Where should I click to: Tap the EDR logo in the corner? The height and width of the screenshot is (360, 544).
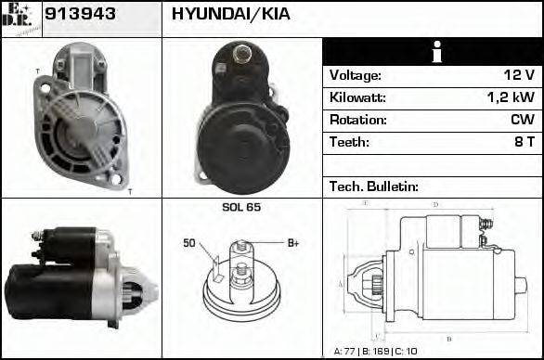pyautogui.click(x=21, y=19)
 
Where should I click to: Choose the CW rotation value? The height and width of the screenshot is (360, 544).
pyautogui.click(x=522, y=120)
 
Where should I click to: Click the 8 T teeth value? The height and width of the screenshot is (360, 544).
pyautogui.click(x=525, y=142)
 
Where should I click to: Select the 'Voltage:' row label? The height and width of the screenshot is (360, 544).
pyautogui.click(x=355, y=75)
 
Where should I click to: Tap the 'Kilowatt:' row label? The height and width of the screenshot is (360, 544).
pyautogui.click(x=357, y=97)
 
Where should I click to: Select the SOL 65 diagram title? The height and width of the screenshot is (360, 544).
pyautogui.click(x=241, y=207)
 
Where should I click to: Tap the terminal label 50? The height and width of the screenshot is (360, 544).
pyautogui.click(x=188, y=243)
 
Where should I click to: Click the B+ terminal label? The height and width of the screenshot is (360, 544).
pyautogui.click(x=292, y=243)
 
